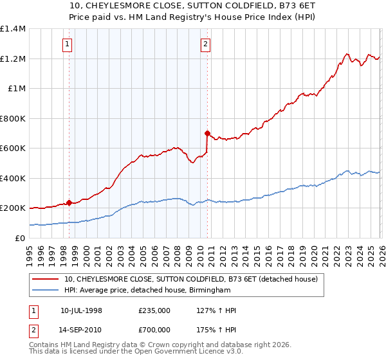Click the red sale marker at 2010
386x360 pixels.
pyautogui.click(x=207, y=134)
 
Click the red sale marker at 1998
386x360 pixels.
pyautogui.click(x=69, y=203)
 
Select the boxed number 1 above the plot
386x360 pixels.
pyautogui.click(x=68, y=44)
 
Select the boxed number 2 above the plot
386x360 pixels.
pyautogui.click(x=205, y=44)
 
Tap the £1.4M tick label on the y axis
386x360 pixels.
pyautogui.click(x=12, y=29)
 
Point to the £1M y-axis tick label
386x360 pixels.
pyautogui.click(x=16, y=89)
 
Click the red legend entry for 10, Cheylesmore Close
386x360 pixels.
pyautogui.click(x=191, y=279)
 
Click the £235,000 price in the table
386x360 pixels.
pyautogui.click(x=154, y=310)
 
